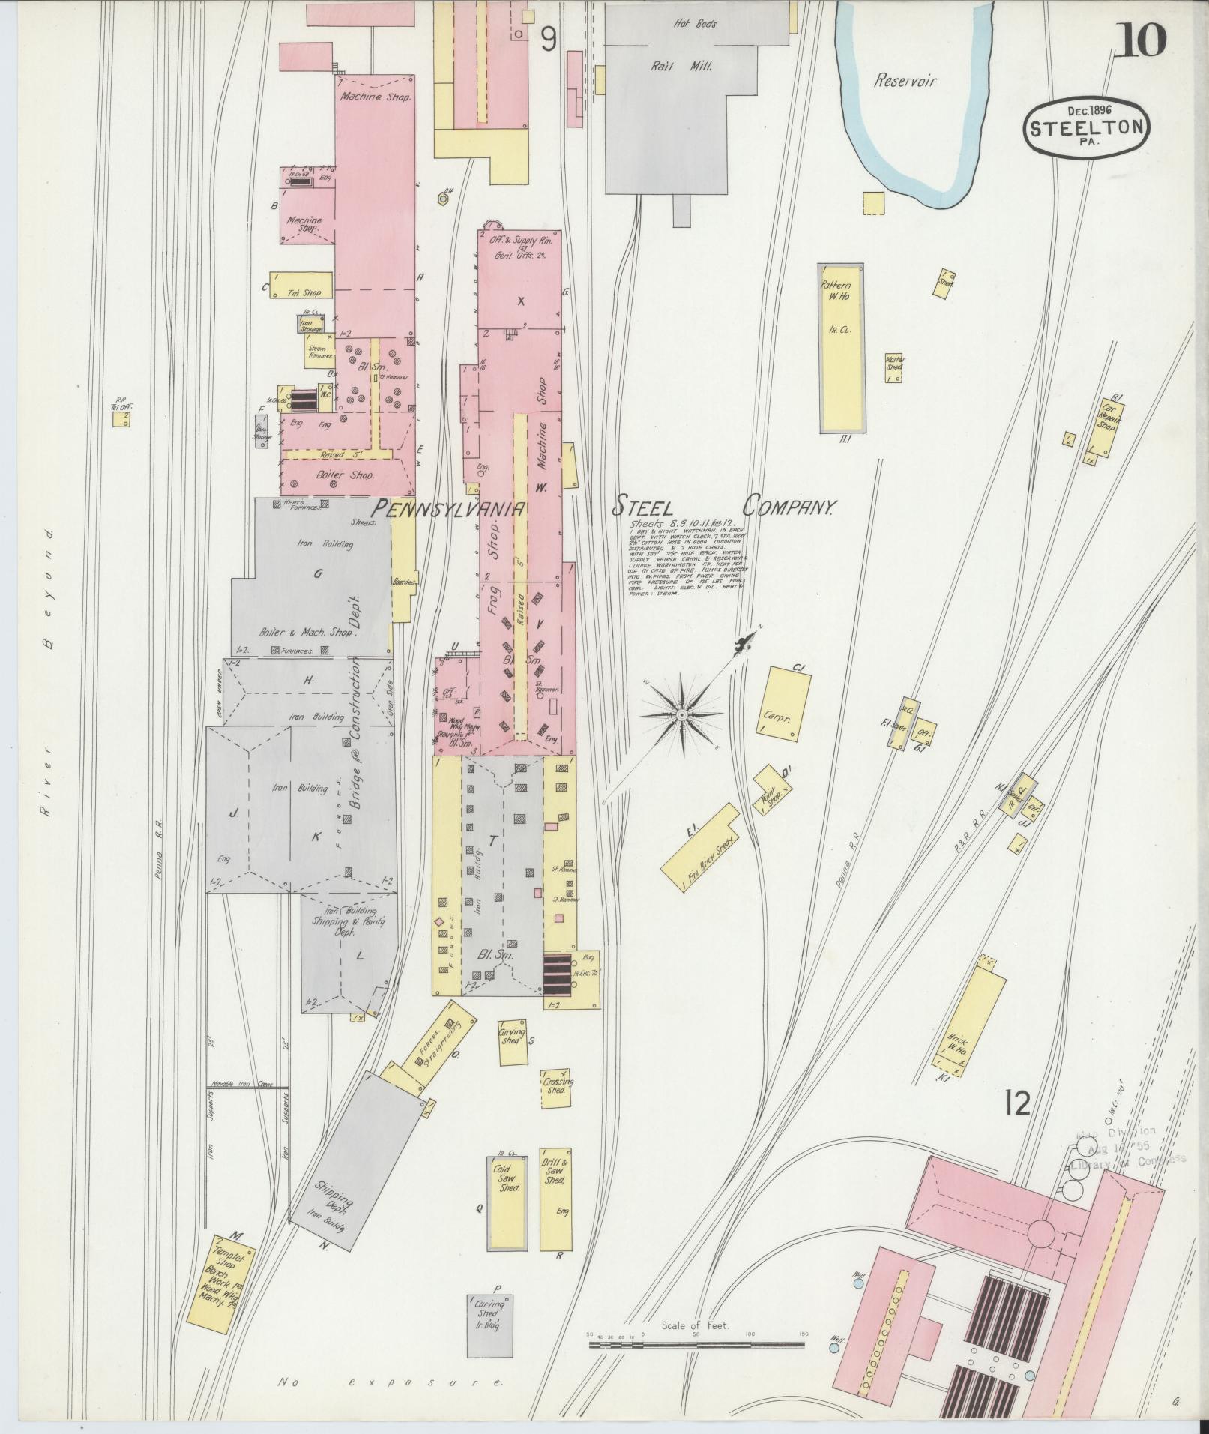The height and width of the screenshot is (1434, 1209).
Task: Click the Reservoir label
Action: point(905,81)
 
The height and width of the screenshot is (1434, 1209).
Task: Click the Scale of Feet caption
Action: point(696,801)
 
